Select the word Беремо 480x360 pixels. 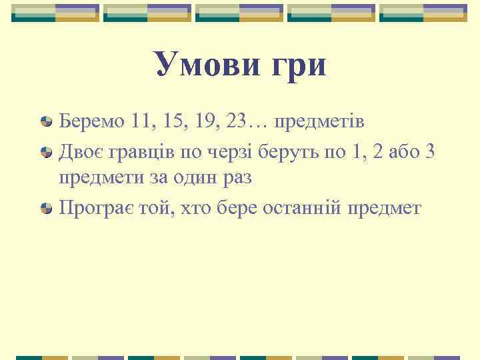point(91,123)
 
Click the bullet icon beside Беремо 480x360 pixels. point(47,123)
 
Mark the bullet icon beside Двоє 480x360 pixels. point(47,153)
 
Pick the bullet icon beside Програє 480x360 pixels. point(47,209)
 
